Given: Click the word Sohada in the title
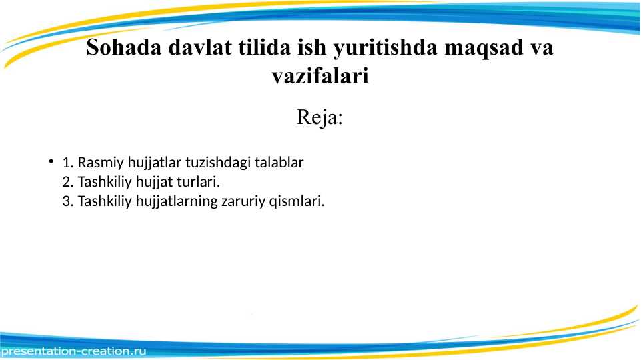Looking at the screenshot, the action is [124, 47].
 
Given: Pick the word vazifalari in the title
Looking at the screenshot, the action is [320, 75].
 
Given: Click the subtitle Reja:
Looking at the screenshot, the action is [319, 118].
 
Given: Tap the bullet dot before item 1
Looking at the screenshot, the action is [51, 161].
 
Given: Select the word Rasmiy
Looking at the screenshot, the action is [101, 163].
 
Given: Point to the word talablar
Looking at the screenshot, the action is [279, 162].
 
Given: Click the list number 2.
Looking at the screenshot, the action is [68, 182].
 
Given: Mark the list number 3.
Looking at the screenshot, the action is [68, 201].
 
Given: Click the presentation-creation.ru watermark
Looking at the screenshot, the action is [73, 351].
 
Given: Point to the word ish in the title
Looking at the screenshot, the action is [312, 47].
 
